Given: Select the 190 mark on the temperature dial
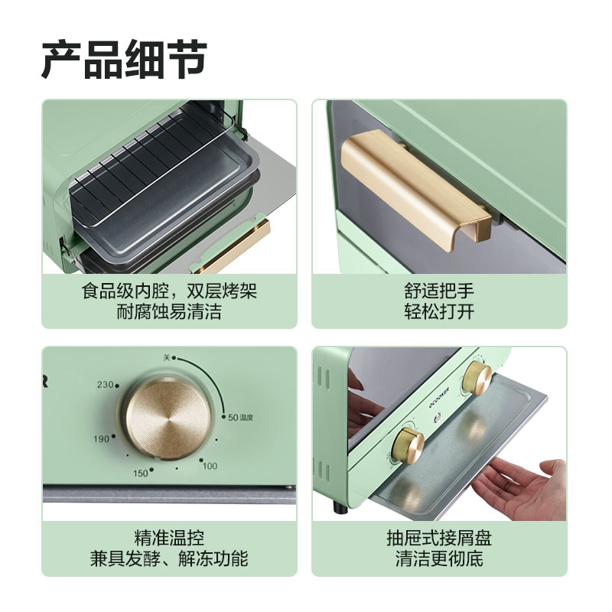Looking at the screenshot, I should coord(103,438).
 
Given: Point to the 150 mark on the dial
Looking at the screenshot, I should coord(140,473).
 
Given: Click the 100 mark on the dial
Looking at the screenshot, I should coord(210,465).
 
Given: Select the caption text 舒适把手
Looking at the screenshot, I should coord(439,291).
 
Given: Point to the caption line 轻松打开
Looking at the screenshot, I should coord(439,312).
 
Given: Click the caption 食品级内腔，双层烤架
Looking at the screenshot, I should coord(169,291).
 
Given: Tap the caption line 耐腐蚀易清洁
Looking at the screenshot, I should coord(169,312).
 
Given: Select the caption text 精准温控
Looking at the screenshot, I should coord(169,539).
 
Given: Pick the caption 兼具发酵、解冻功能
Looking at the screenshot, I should coord(169,559).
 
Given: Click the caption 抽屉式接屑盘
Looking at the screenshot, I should coord(439,539).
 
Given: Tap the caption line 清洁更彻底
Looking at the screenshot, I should coord(439,559).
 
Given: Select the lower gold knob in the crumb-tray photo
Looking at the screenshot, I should coord(409,444).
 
